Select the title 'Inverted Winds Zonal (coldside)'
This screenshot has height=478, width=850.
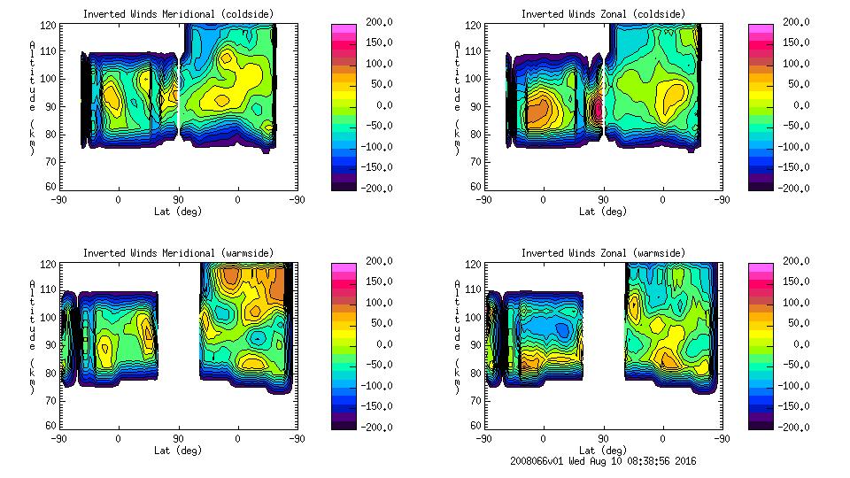603,14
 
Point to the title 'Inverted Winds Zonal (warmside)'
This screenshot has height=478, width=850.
603,253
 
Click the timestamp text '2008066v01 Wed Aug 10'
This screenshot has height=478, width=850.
576,461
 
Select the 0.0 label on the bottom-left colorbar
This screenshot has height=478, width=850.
376,343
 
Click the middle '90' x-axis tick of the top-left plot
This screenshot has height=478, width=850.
178,200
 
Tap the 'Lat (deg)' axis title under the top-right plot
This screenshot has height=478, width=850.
603,212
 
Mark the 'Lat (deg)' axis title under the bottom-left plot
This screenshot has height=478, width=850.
177,450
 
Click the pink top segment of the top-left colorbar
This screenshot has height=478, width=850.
344,28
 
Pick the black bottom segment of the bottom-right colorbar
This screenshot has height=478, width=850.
761,424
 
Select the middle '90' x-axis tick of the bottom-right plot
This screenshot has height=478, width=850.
603,438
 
